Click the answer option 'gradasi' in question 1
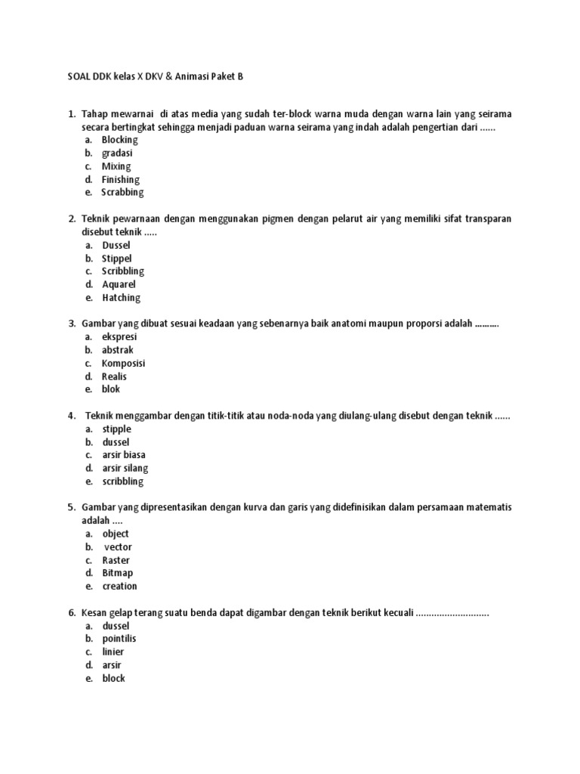coord(117,153)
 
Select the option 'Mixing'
coord(116,166)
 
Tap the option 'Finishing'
coord(121,179)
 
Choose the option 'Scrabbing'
coord(122,193)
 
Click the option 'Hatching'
coord(121,298)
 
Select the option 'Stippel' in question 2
coord(117,259)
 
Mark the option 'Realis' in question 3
coord(115,376)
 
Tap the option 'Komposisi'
coord(124,363)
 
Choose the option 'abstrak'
coord(118,350)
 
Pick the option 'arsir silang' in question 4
coord(125,468)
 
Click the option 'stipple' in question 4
coord(117,429)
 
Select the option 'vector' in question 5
coord(119,547)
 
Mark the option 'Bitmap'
coord(118,573)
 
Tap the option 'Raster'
coord(116,560)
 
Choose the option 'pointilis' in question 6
coord(119,639)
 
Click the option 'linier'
coord(113,652)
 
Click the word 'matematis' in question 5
coord(488,507)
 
